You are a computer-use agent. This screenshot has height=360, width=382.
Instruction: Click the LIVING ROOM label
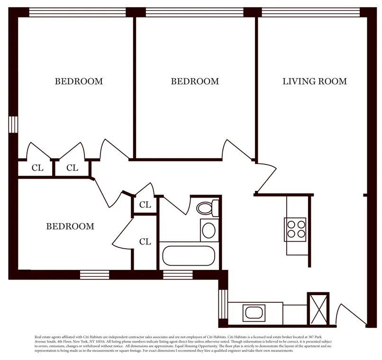click(x=314, y=81)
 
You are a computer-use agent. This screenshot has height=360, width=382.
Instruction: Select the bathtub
click(x=189, y=256)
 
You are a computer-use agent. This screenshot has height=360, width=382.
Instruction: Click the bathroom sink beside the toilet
click(x=209, y=230)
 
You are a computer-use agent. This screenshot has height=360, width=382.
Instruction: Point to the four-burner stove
click(x=295, y=229)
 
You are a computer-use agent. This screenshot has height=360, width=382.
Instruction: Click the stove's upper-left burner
click(x=290, y=225)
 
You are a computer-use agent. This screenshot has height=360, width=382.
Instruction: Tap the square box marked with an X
click(x=318, y=308)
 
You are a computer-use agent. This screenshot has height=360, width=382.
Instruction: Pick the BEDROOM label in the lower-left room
click(x=70, y=226)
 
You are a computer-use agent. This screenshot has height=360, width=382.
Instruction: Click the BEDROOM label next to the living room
click(x=195, y=81)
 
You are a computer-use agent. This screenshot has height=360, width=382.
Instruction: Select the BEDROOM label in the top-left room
click(x=79, y=81)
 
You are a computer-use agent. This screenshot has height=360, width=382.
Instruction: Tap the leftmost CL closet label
click(x=37, y=168)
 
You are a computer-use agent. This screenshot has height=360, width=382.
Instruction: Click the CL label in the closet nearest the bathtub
click(x=145, y=242)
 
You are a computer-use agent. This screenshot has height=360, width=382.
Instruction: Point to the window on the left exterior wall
click(x=13, y=124)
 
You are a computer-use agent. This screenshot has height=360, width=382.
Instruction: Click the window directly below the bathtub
click(x=178, y=274)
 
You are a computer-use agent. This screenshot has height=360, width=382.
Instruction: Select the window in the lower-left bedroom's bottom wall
click(x=94, y=274)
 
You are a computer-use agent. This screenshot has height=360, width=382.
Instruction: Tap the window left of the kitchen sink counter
click(x=223, y=304)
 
